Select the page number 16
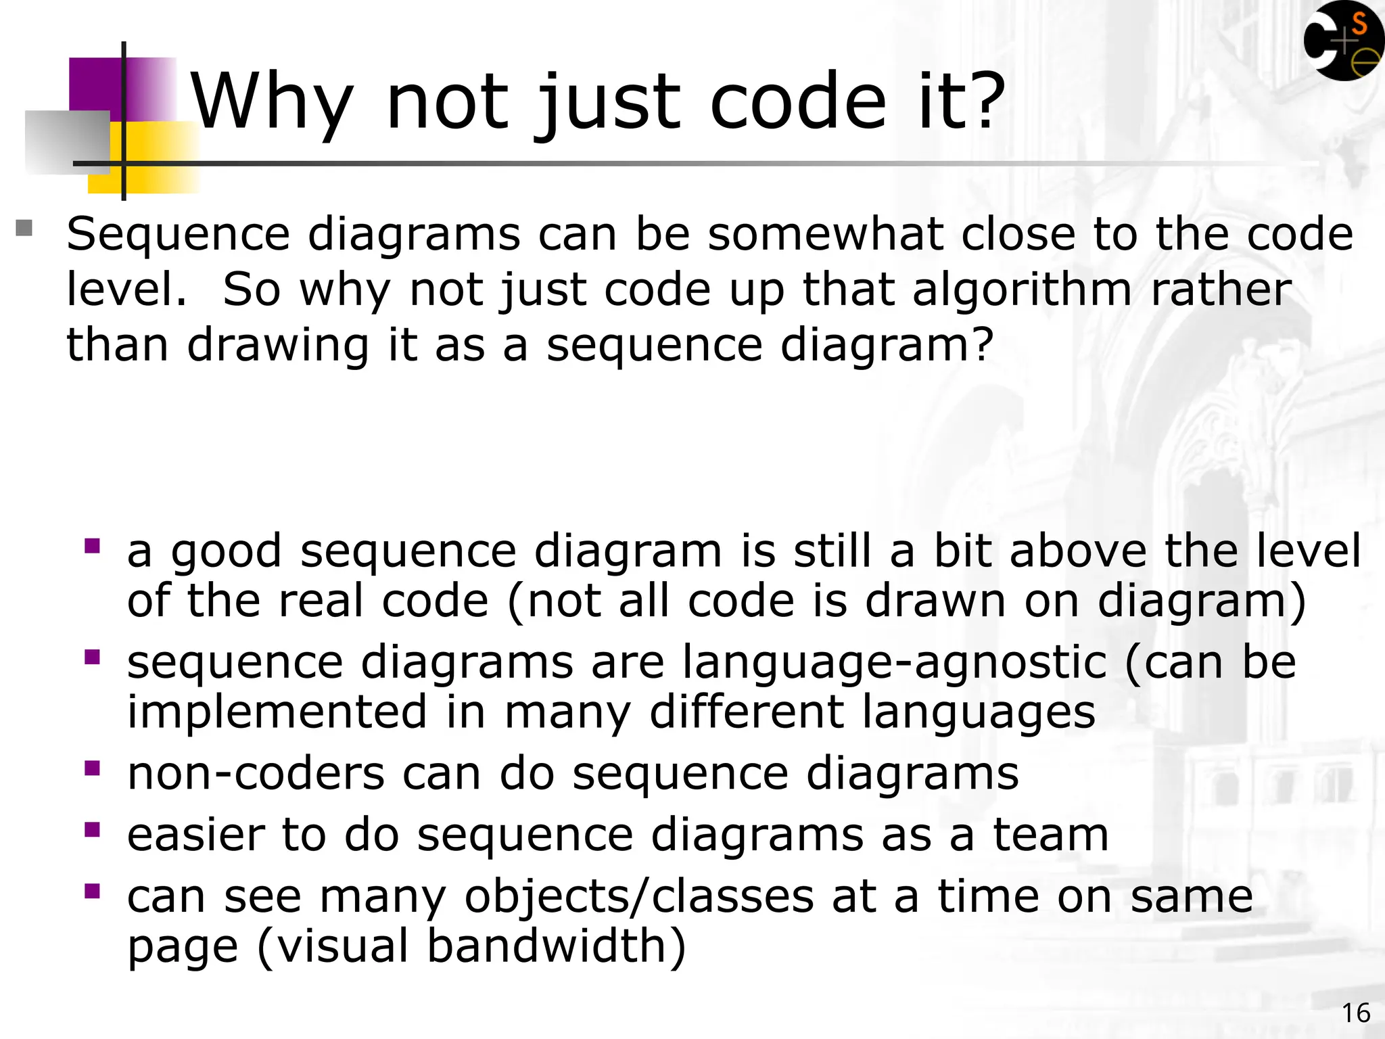pos(1355,1013)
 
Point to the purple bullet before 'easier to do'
pos(93,829)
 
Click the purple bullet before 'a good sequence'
pos(93,545)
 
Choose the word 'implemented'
pos(277,712)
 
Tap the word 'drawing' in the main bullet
pos(277,345)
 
